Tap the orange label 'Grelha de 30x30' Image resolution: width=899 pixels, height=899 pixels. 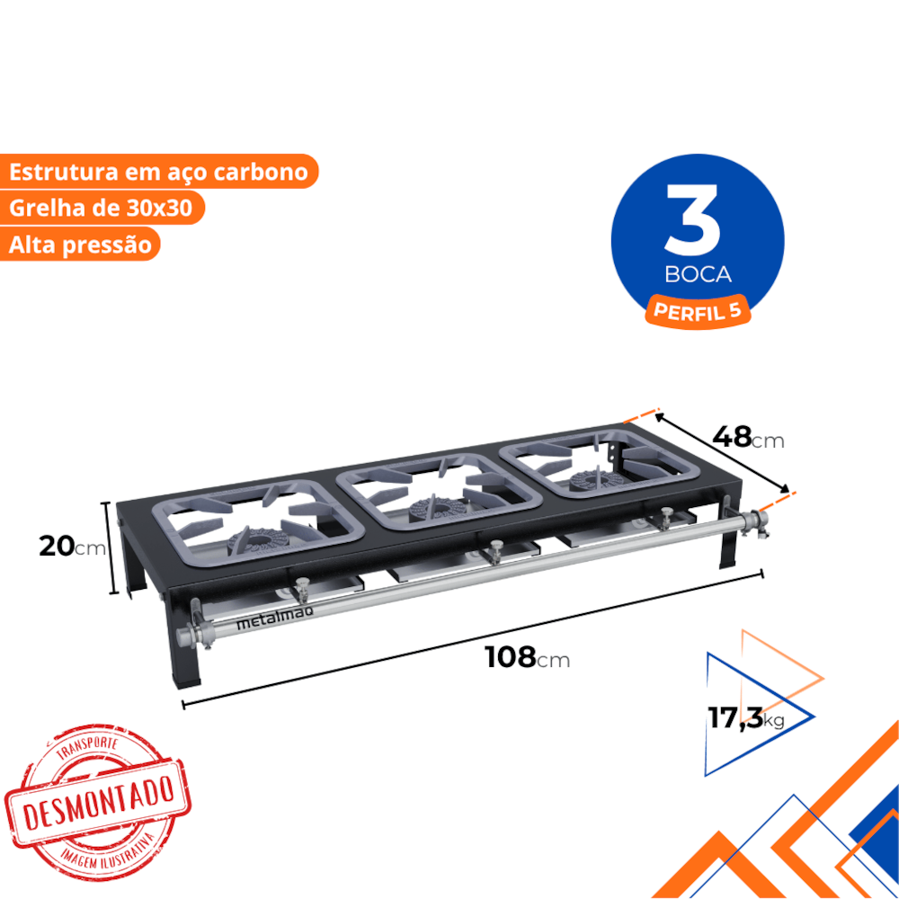click(101, 208)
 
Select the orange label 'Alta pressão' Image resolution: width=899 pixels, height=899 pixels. click(80, 245)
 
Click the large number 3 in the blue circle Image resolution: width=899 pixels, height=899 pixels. click(692, 219)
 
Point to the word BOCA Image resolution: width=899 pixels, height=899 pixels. click(698, 274)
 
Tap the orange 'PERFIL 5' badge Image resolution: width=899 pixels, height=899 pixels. click(698, 312)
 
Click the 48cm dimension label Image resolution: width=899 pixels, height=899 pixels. click(748, 438)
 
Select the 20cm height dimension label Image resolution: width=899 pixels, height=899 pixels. click(72, 547)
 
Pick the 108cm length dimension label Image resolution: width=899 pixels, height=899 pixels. click(527, 658)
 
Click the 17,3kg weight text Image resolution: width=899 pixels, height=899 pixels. click(745, 717)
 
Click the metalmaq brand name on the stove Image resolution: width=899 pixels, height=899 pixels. click(274, 619)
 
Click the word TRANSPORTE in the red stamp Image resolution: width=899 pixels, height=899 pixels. click(86, 747)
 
